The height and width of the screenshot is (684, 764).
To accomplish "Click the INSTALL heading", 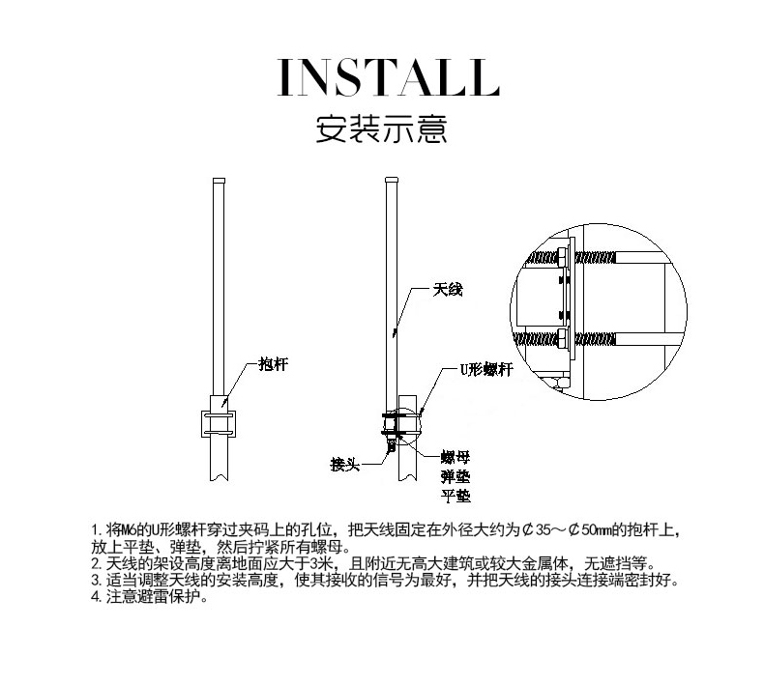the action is pos(389,77).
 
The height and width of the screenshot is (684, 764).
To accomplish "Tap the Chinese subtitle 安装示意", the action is pos(381,128).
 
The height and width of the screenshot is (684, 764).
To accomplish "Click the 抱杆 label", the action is pos(274,363).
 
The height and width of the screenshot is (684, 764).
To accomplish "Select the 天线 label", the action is pos(448,290).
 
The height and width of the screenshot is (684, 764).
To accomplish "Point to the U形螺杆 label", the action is pos(486,369).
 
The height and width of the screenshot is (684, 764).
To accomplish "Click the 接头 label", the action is pos(345,464).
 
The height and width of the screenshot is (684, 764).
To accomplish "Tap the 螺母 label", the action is pos(455,457).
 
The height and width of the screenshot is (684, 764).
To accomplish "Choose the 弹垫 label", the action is pos(455,476).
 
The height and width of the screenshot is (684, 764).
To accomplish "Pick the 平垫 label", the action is pos(455,496).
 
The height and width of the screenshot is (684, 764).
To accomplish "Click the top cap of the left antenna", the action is pos(220,181).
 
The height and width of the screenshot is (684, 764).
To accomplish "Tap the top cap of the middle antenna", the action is pos(392,180).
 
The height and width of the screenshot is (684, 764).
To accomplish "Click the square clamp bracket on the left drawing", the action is pos(219,423).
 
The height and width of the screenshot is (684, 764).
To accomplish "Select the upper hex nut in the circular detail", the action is pos(562,257).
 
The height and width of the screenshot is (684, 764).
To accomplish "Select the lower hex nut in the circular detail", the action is pos(562,338).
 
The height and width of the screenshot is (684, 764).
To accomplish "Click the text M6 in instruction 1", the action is pos(128,529).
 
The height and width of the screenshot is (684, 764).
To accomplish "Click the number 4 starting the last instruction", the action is pos(95,597).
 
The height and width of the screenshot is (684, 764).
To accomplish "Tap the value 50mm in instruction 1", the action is pos(596,529).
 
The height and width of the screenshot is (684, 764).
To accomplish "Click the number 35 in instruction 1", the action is pos(544,529).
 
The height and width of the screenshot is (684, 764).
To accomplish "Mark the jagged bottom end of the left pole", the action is pos(220,478).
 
